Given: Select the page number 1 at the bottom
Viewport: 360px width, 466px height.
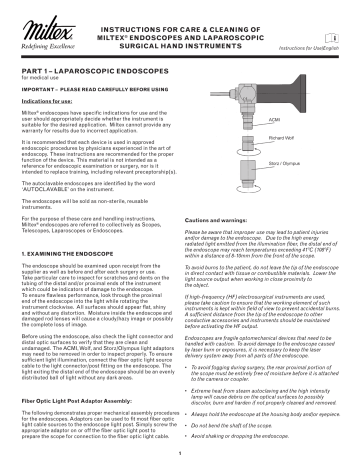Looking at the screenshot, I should click(179, 456).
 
